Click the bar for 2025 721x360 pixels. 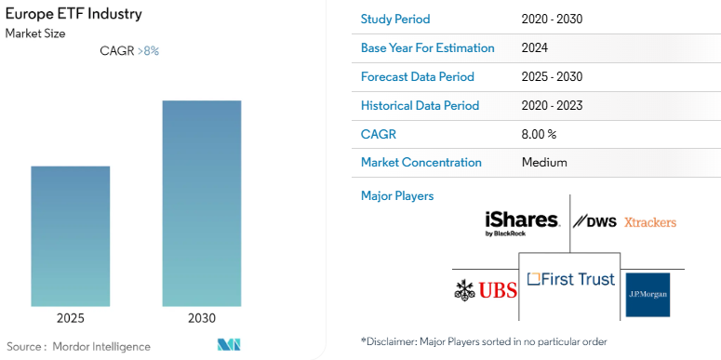point(71,236)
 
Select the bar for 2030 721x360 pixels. point(202,204)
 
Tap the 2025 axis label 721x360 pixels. point(71,318)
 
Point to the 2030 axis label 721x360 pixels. point(202,318)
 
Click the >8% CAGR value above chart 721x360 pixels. point(148,51)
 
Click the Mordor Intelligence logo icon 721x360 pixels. point(229,346)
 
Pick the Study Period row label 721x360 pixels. point(395,20)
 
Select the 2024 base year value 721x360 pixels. point(535,48)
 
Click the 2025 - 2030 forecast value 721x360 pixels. point(553,77)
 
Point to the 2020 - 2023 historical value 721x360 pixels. point(553,105)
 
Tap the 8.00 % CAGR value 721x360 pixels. point(540,134)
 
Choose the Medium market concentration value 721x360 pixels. point(545,163)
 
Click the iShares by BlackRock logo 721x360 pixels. point(522,223)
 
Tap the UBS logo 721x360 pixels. point(486,289)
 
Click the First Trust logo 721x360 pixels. point(570,279)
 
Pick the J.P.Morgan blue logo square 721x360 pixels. point(647,295)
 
